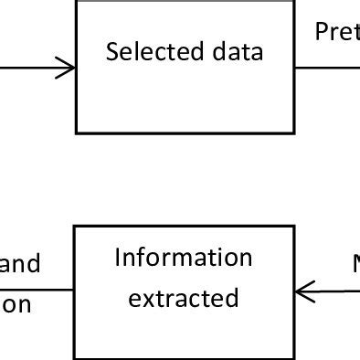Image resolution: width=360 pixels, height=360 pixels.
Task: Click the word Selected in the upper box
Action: click(144, 52)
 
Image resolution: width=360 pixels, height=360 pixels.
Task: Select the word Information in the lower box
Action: click(183, 258)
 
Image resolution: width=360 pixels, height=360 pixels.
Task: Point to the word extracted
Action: click(183, 298)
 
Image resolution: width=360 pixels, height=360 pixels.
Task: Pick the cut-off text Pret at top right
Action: click(336, 33)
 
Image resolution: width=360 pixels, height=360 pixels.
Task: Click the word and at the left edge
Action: click(20, 265)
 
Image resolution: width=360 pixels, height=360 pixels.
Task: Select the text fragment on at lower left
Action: click(16, 304)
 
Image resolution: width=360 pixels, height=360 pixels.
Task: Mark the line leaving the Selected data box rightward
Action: click(324, 67)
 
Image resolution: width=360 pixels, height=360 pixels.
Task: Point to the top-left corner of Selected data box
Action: click(76, 2)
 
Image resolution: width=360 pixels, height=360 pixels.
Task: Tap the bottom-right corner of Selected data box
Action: click(292, 132)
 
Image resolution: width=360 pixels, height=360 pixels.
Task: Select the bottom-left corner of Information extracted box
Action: click(75, 357)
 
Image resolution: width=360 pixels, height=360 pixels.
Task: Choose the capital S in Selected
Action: click(111, 52)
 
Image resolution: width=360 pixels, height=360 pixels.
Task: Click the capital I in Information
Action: click(119, 258)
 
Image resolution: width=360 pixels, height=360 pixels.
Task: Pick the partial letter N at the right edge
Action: click(355, 265)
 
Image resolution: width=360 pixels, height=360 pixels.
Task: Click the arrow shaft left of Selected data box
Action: click(32, 67)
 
